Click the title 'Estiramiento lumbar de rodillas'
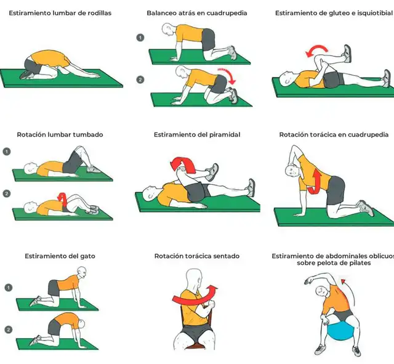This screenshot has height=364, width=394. coord(60,13)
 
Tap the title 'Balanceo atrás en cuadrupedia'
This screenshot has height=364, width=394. coord(196,13)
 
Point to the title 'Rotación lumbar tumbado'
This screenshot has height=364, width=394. coord(60,134)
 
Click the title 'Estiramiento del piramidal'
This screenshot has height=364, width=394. coord(196,134)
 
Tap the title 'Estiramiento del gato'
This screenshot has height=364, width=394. coord(60,256)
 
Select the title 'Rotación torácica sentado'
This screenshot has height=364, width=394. coord(196,256)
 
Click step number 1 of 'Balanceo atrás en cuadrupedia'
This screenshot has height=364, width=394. coord(140,38)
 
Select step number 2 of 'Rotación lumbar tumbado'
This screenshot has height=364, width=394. coord(7,193)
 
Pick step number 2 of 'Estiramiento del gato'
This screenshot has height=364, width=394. coord(8,329)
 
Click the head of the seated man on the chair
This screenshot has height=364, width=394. coord(195,279)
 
